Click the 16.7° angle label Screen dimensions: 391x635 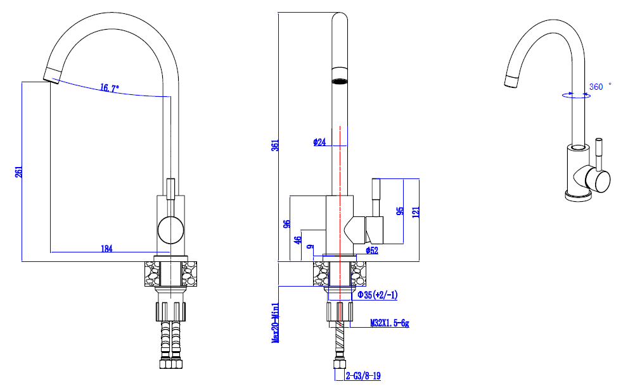pos(109,89)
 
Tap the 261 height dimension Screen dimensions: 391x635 pos(19,171)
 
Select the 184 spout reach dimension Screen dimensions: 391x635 pos(106,249)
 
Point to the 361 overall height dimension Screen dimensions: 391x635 pos(275,145)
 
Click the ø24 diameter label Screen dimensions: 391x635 pos(319,142)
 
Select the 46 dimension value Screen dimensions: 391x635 pos(297,240)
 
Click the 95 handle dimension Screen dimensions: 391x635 pos(400,211)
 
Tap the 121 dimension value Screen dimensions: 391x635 pos(415,211)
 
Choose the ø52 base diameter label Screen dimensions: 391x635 pos(373,251)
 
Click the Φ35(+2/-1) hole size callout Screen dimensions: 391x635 pos(378,295)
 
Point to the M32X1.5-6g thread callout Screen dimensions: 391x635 pos(390,324)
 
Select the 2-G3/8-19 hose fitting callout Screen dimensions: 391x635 pos(363,376)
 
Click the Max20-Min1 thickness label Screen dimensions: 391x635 pos(276,322)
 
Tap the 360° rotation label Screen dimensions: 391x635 pos(599,87)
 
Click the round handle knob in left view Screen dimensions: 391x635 pos(170,230)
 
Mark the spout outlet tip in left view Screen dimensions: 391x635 pos(51,78)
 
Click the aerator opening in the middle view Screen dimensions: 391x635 pos(340,81)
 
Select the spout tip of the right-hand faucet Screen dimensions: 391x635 pos(511,82)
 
